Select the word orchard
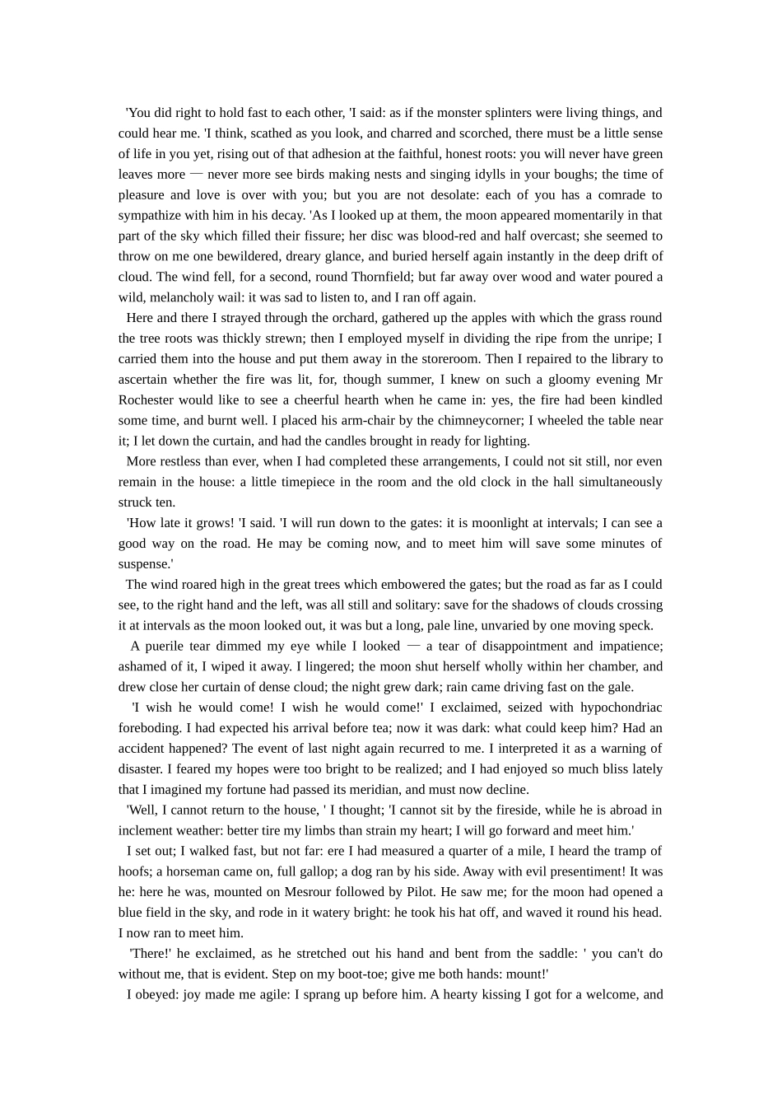pos(274,317)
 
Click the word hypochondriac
pos(621,707)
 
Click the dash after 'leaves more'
pos(196,174)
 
